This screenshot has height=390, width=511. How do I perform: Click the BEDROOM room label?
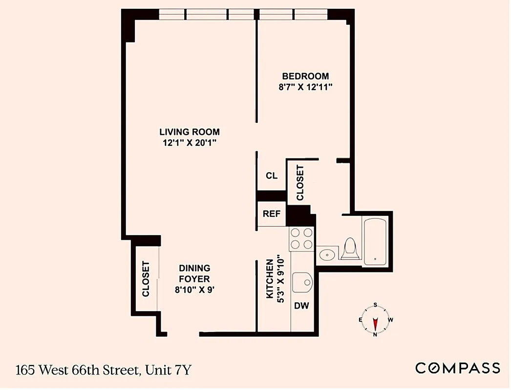coord(305,76)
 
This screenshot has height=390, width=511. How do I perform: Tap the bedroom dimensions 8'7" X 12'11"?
coord(305,88)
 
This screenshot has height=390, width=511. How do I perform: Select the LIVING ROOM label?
coord(190,132)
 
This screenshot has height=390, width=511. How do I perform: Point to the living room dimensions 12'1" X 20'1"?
coord(190,143)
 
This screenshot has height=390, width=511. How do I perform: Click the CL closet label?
coord(272,175)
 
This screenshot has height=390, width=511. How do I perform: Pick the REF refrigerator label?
coord(272,214)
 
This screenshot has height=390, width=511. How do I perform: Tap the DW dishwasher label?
coord(301,306)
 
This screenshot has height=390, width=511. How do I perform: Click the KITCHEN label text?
coord(269,279)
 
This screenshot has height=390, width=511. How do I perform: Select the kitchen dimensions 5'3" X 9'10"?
coord(279,279)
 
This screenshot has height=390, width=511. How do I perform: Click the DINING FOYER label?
coord(194,273)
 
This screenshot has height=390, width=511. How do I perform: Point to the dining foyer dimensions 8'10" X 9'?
coord(194,290)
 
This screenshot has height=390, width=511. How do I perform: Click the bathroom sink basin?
coord(327,254)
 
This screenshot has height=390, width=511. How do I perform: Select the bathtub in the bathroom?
coord(375,242)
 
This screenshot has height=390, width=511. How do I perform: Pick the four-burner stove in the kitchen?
coord(301,239)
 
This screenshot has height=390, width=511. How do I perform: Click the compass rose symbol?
coord(375,320)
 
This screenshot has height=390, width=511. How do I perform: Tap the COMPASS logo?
coord(458,368)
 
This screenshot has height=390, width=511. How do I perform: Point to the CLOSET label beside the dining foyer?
coord(146,279)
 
